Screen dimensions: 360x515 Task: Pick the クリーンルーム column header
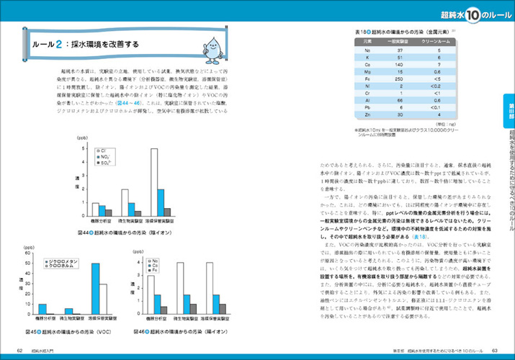[x=436, y=42]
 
